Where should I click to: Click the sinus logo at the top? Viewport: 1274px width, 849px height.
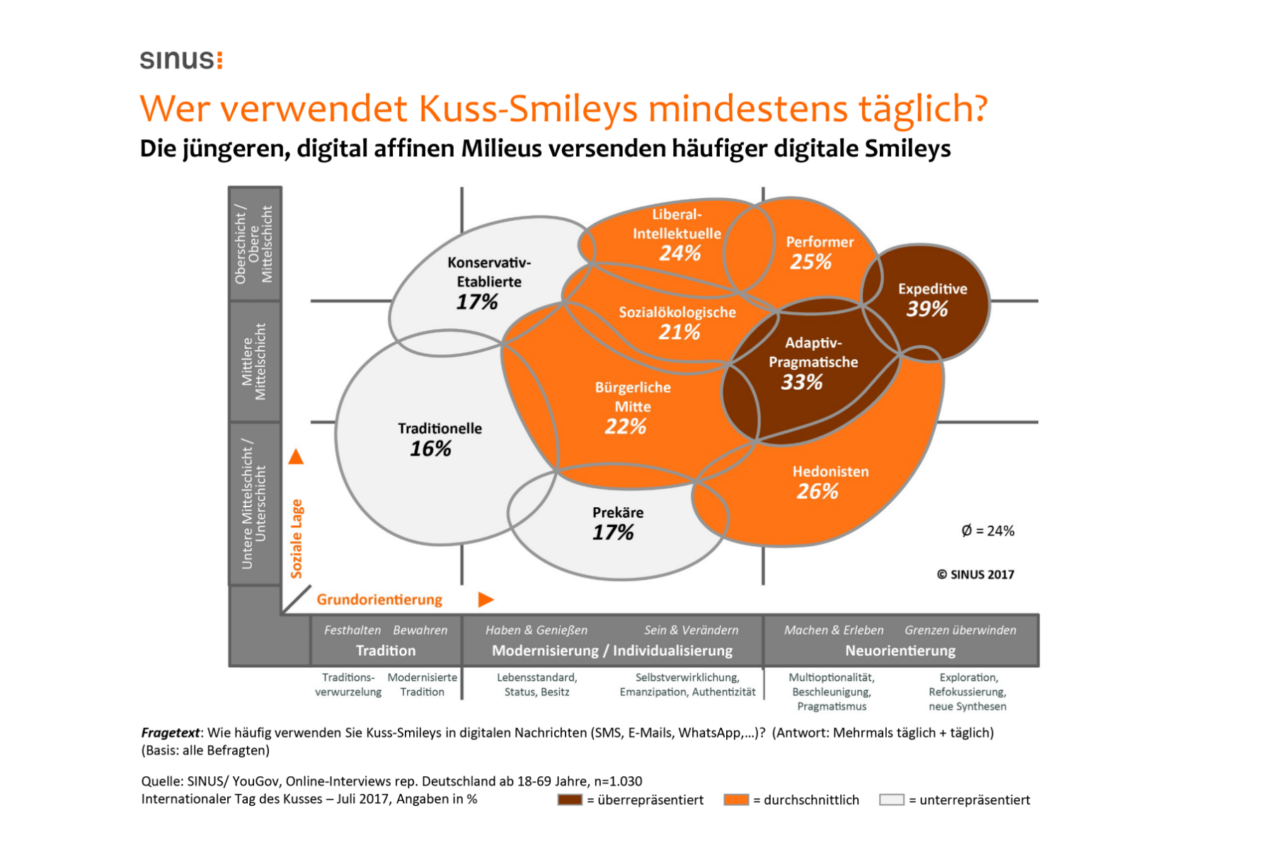(x=181, y=59)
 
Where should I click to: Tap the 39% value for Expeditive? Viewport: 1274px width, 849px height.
(x=927, y=309)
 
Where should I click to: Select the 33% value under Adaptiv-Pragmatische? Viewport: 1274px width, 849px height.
(x=802, y=383)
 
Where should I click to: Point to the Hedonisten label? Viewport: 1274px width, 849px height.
(x=830, y=472)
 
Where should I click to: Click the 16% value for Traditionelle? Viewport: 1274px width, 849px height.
(x=430, y=449)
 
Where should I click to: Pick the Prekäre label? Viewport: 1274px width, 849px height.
(x=618, y=513)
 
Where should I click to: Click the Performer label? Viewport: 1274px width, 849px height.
(x=820, y=242)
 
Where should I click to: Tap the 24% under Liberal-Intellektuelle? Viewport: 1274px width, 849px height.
(x=679, y=253)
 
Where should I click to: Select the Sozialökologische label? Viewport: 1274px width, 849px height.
(x=677, y=313)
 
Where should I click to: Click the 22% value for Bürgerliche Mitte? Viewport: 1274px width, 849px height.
(x=626, y=427)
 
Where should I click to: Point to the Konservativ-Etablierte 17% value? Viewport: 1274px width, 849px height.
(x=477, y=302)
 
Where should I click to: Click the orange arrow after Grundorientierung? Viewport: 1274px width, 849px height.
(x=486, y=600)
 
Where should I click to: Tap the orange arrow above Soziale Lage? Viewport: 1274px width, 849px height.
(x=296, y=457)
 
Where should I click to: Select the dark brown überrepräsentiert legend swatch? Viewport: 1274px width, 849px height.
(x=570, y=799)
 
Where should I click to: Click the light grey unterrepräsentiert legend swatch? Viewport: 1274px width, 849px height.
(x=891, y=799)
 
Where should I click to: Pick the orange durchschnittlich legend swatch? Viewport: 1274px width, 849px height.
(x=736, y=799)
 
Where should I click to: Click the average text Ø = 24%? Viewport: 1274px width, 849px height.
(x=987, y=531)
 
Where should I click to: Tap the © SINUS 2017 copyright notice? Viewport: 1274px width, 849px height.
(x=975, y=574)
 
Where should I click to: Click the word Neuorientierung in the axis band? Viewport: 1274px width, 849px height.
(x=900, y=650)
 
